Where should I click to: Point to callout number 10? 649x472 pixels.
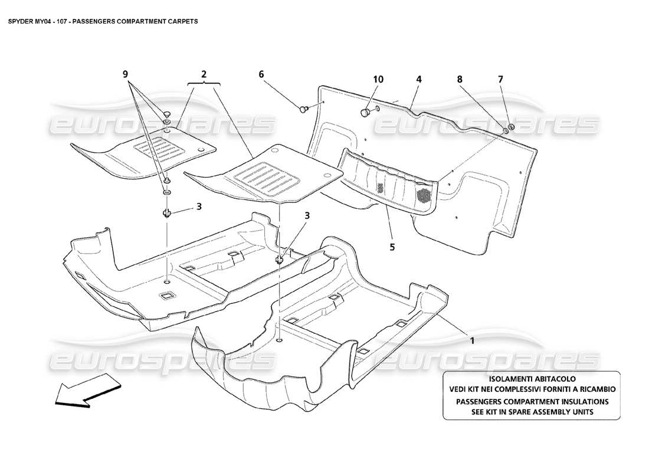pyautogui.click(x=378, y=79)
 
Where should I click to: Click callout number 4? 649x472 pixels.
pyautogui.click(x=418, y=79)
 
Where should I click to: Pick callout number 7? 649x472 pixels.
pyautogui.click(x=501, y=79)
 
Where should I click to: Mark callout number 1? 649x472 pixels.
pyautogui.click(x=472, y=340)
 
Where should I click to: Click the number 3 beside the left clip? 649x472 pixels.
pyautogui.click(x=199, y=206)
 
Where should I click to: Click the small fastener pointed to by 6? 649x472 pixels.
pyautogui.click(x=305, y=108)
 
